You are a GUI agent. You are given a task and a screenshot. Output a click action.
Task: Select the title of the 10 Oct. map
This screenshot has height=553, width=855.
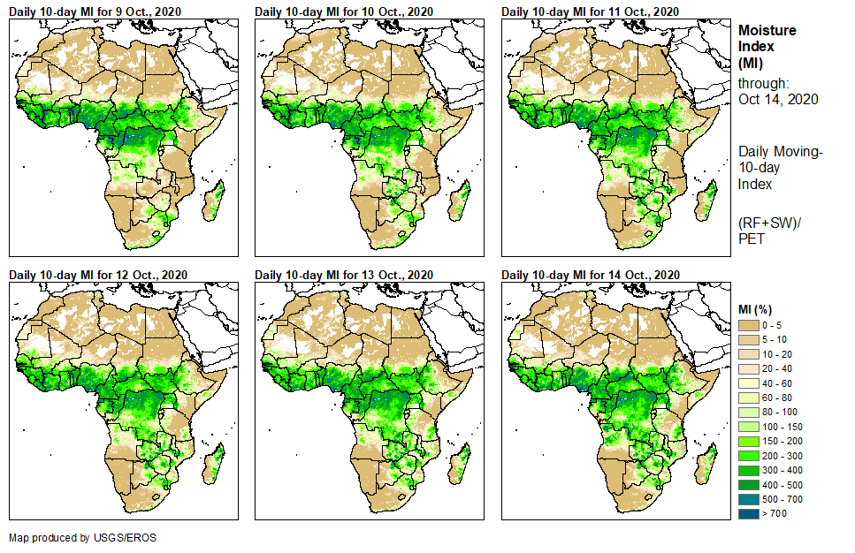pyautogui.click(x=345, y=11)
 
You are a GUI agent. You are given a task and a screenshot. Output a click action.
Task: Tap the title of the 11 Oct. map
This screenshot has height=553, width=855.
pyautogui.click(x=592, y=11)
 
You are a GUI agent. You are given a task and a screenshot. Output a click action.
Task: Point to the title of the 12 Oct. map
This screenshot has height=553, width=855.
pyautogui.click(x=99, y=275)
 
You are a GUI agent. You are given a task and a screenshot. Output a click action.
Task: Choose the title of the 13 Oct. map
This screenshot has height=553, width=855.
pyautogui.click(x=345, y=275)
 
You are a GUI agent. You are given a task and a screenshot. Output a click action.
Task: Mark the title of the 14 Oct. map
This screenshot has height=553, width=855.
pyautogui.click(x=592, y=275)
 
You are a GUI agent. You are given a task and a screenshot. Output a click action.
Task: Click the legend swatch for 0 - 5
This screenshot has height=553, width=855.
pyautogui.click(x=749, y=326)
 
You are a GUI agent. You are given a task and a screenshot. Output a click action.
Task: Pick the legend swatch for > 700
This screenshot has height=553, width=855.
pyautogui.click(x=749, y=512)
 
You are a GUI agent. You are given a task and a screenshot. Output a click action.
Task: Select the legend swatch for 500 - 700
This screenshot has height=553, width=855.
pyautogui.click(x=749, y=498)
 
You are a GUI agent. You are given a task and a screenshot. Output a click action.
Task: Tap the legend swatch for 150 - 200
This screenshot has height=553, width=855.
pyautogui.click(x=749, y=441)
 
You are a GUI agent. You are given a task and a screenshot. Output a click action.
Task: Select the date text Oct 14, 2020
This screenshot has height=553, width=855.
pyautogui.click(x=778, y=99)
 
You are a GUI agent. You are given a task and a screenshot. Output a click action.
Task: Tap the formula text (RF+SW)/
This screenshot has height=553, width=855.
pyautogui.click(x=766, y=222)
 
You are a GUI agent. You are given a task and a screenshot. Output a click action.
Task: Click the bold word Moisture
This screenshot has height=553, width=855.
pyautogui.click(x=767, y=30)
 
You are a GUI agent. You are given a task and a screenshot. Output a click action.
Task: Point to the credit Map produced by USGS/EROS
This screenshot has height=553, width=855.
pyautogui.click(x=73, y=537)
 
